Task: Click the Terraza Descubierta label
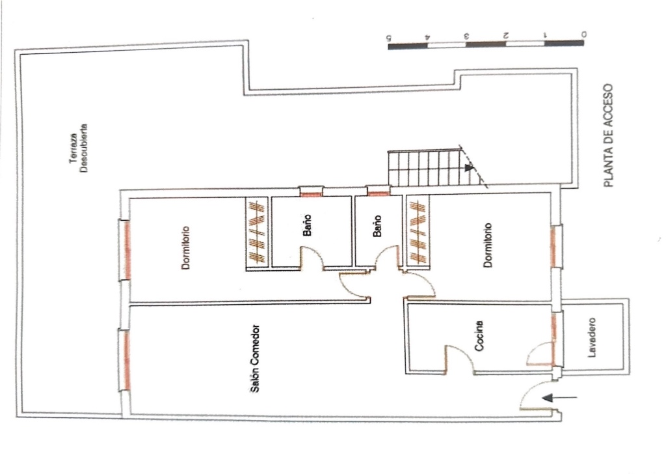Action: [x=79, y=148]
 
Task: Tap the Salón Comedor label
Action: [x=254, y=359]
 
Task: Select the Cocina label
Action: [x=479, y=336]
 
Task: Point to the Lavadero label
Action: [x=592, y=337]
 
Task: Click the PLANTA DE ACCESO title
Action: [x=608, y=135]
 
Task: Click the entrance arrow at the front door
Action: [x=560, y=398]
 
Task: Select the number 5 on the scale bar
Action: [x=388, y=36]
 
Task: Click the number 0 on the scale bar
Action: [x=584, y=34]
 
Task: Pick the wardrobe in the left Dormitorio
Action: [x=257, y=233]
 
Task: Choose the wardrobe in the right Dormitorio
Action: [x=418, y=231]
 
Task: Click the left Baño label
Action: [x=308, y=225]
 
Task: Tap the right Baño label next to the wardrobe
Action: [x=377, y=226]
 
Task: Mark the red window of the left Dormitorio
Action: [x=127, y=251]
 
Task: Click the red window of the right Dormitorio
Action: [x=553, y=247]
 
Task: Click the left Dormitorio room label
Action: [x=185, y=247]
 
